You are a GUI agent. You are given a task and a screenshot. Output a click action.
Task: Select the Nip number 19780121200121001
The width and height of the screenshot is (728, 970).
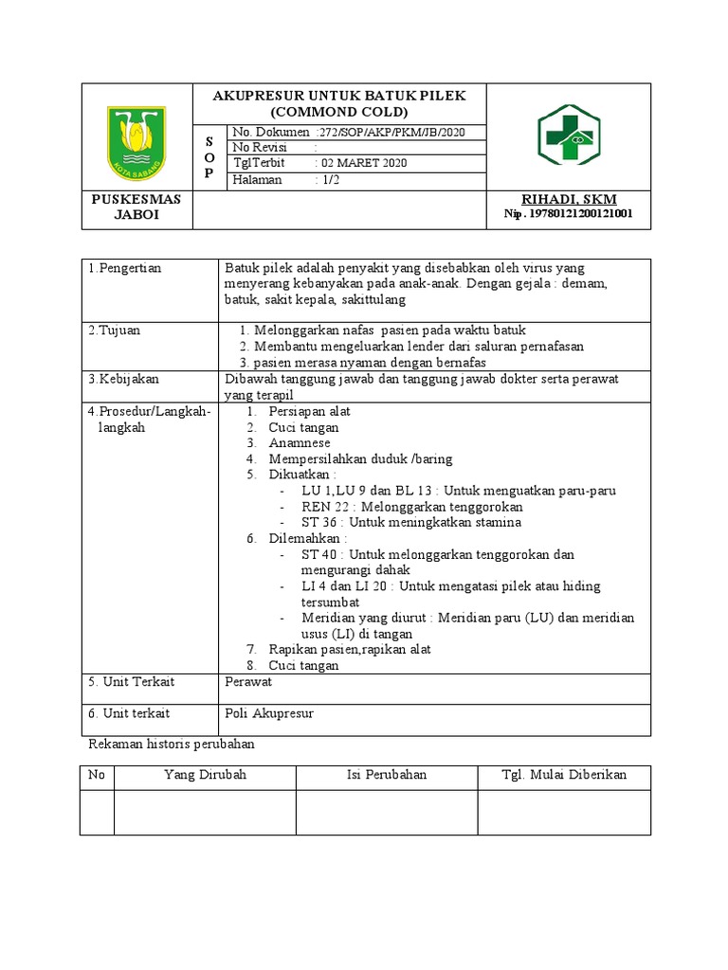click(569, 214)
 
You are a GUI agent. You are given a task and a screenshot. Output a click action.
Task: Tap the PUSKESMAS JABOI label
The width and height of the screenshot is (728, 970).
click(136, 207)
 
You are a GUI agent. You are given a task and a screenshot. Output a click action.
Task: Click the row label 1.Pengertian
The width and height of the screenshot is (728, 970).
click(125, 268)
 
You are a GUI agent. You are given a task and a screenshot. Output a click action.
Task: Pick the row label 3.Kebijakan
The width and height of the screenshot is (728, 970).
click(123, 379)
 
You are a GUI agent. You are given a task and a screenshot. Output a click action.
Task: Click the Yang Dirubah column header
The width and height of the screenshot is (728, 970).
click(205, 775)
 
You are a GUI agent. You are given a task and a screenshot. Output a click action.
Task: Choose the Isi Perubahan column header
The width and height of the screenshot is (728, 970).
click(386, 775)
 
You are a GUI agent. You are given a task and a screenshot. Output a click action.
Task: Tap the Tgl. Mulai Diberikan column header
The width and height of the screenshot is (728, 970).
click(564, 775)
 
